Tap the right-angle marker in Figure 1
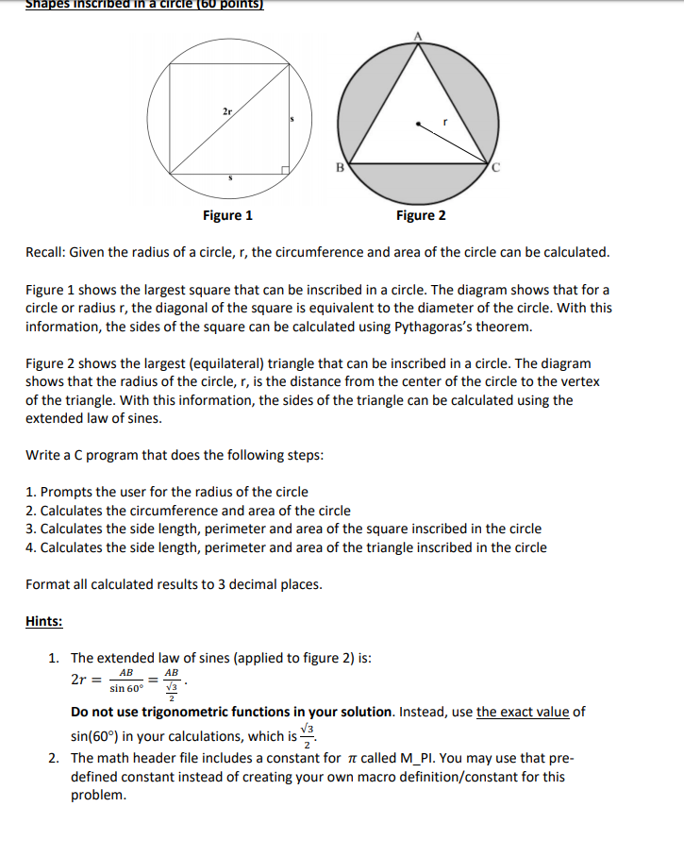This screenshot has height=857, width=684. coord(285,170)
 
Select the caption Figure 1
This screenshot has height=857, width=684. coord(227,215)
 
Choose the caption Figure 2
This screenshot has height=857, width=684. coord(421,215)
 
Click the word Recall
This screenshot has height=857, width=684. coord(46,253)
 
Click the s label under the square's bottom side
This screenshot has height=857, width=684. coord(230,176)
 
